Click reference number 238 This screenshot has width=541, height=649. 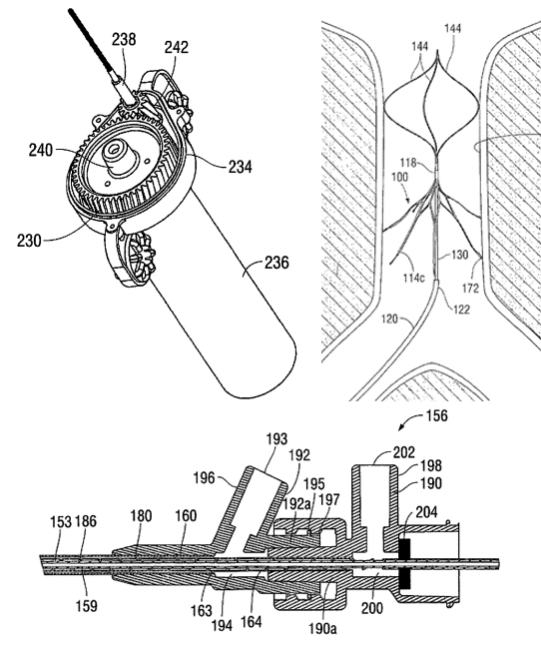click(x=124, y=39)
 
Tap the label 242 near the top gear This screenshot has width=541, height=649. click(x=177, y=48)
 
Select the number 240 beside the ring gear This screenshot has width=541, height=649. click(x=41, y=150)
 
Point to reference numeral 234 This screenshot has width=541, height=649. click(x=240, y=167)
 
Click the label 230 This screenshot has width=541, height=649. click(x=29, y=241)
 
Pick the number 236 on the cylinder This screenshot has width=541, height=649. click(x=276, y=263)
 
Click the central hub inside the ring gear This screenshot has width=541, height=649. click(x=119, y=158)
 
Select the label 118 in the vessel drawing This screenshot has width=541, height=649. click(x=408, y=163)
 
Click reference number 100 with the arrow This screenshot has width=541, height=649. click(x=399, y=177)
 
